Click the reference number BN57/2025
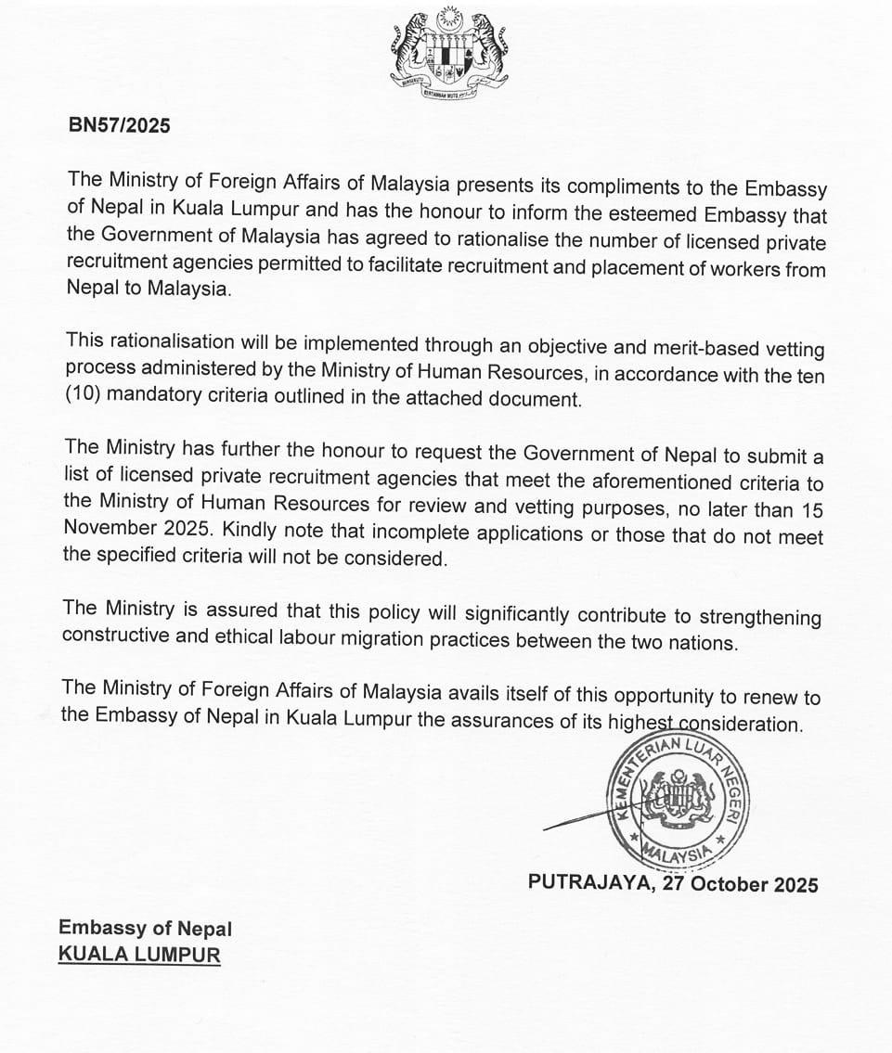click(x=120, y=126)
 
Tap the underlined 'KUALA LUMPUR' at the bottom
click(x=139, y=955)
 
